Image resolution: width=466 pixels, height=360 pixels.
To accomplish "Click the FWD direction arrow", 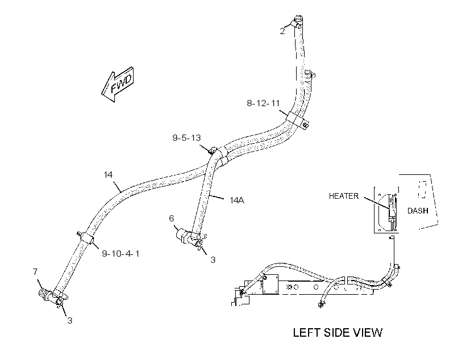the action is [118, 85].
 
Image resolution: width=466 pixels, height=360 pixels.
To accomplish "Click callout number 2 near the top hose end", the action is [282, 31].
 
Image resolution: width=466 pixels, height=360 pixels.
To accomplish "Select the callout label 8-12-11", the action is [263, 103].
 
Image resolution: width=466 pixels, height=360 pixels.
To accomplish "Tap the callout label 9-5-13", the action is [186, 138].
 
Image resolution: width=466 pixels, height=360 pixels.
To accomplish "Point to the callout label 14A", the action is [237, 200].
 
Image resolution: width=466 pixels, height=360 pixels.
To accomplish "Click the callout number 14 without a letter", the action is [108, 175].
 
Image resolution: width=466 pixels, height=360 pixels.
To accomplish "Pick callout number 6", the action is [172, 219].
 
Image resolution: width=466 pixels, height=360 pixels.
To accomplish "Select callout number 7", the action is [35, 271].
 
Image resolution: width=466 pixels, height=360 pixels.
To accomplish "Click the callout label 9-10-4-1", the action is [120, 254].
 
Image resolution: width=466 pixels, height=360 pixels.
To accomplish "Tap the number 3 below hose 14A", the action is [213, 260].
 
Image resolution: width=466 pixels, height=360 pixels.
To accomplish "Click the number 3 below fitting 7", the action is [70, 321].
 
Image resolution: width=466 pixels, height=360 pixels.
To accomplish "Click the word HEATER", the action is [344, 196].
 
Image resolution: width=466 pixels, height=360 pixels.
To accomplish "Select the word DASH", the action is [418, 211].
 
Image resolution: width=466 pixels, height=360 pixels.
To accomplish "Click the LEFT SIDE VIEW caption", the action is [338, 333].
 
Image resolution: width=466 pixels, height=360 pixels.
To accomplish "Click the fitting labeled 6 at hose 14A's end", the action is [183, 236].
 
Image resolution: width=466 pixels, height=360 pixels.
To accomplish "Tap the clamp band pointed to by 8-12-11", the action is [296, 119].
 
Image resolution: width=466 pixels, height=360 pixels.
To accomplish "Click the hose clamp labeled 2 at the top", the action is [297, 22].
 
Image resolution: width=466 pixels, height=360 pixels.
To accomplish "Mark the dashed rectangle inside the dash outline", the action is [423, 190].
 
